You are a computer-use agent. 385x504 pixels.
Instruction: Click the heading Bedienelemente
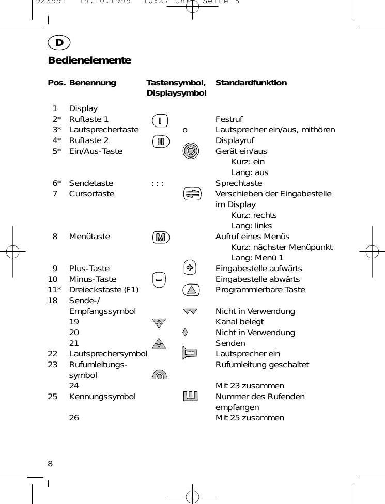click(89, 60)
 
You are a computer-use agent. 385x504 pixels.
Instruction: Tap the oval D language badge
click(59, 43)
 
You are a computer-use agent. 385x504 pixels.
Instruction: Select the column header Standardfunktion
click(251, 83)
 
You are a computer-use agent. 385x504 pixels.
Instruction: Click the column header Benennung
click(93, 83)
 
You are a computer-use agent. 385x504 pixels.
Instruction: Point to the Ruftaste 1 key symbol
click(160, 121)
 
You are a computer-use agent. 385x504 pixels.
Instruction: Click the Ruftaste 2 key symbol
click(160, 141)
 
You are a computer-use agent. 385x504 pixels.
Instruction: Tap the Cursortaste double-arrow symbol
click(191, 194)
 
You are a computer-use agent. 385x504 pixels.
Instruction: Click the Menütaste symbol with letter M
click(161, 238)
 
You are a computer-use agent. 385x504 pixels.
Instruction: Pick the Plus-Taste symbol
click(191, 267)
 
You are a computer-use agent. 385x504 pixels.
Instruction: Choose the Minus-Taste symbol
click(160, 279)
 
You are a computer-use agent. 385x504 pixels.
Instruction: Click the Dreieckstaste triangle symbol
click(191, 290)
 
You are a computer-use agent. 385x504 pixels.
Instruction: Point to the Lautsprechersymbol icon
click(191, 353)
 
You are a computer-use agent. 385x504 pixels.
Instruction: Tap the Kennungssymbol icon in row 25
click(191, 396)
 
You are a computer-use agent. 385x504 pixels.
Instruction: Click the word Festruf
click(229, 119)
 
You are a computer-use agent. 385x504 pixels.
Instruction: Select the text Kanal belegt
click(239, 322)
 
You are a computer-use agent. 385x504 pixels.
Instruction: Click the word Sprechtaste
click(238, 183)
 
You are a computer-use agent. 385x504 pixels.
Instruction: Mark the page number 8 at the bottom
click(50, 463)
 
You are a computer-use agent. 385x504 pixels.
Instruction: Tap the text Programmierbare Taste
click(260, 290)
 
